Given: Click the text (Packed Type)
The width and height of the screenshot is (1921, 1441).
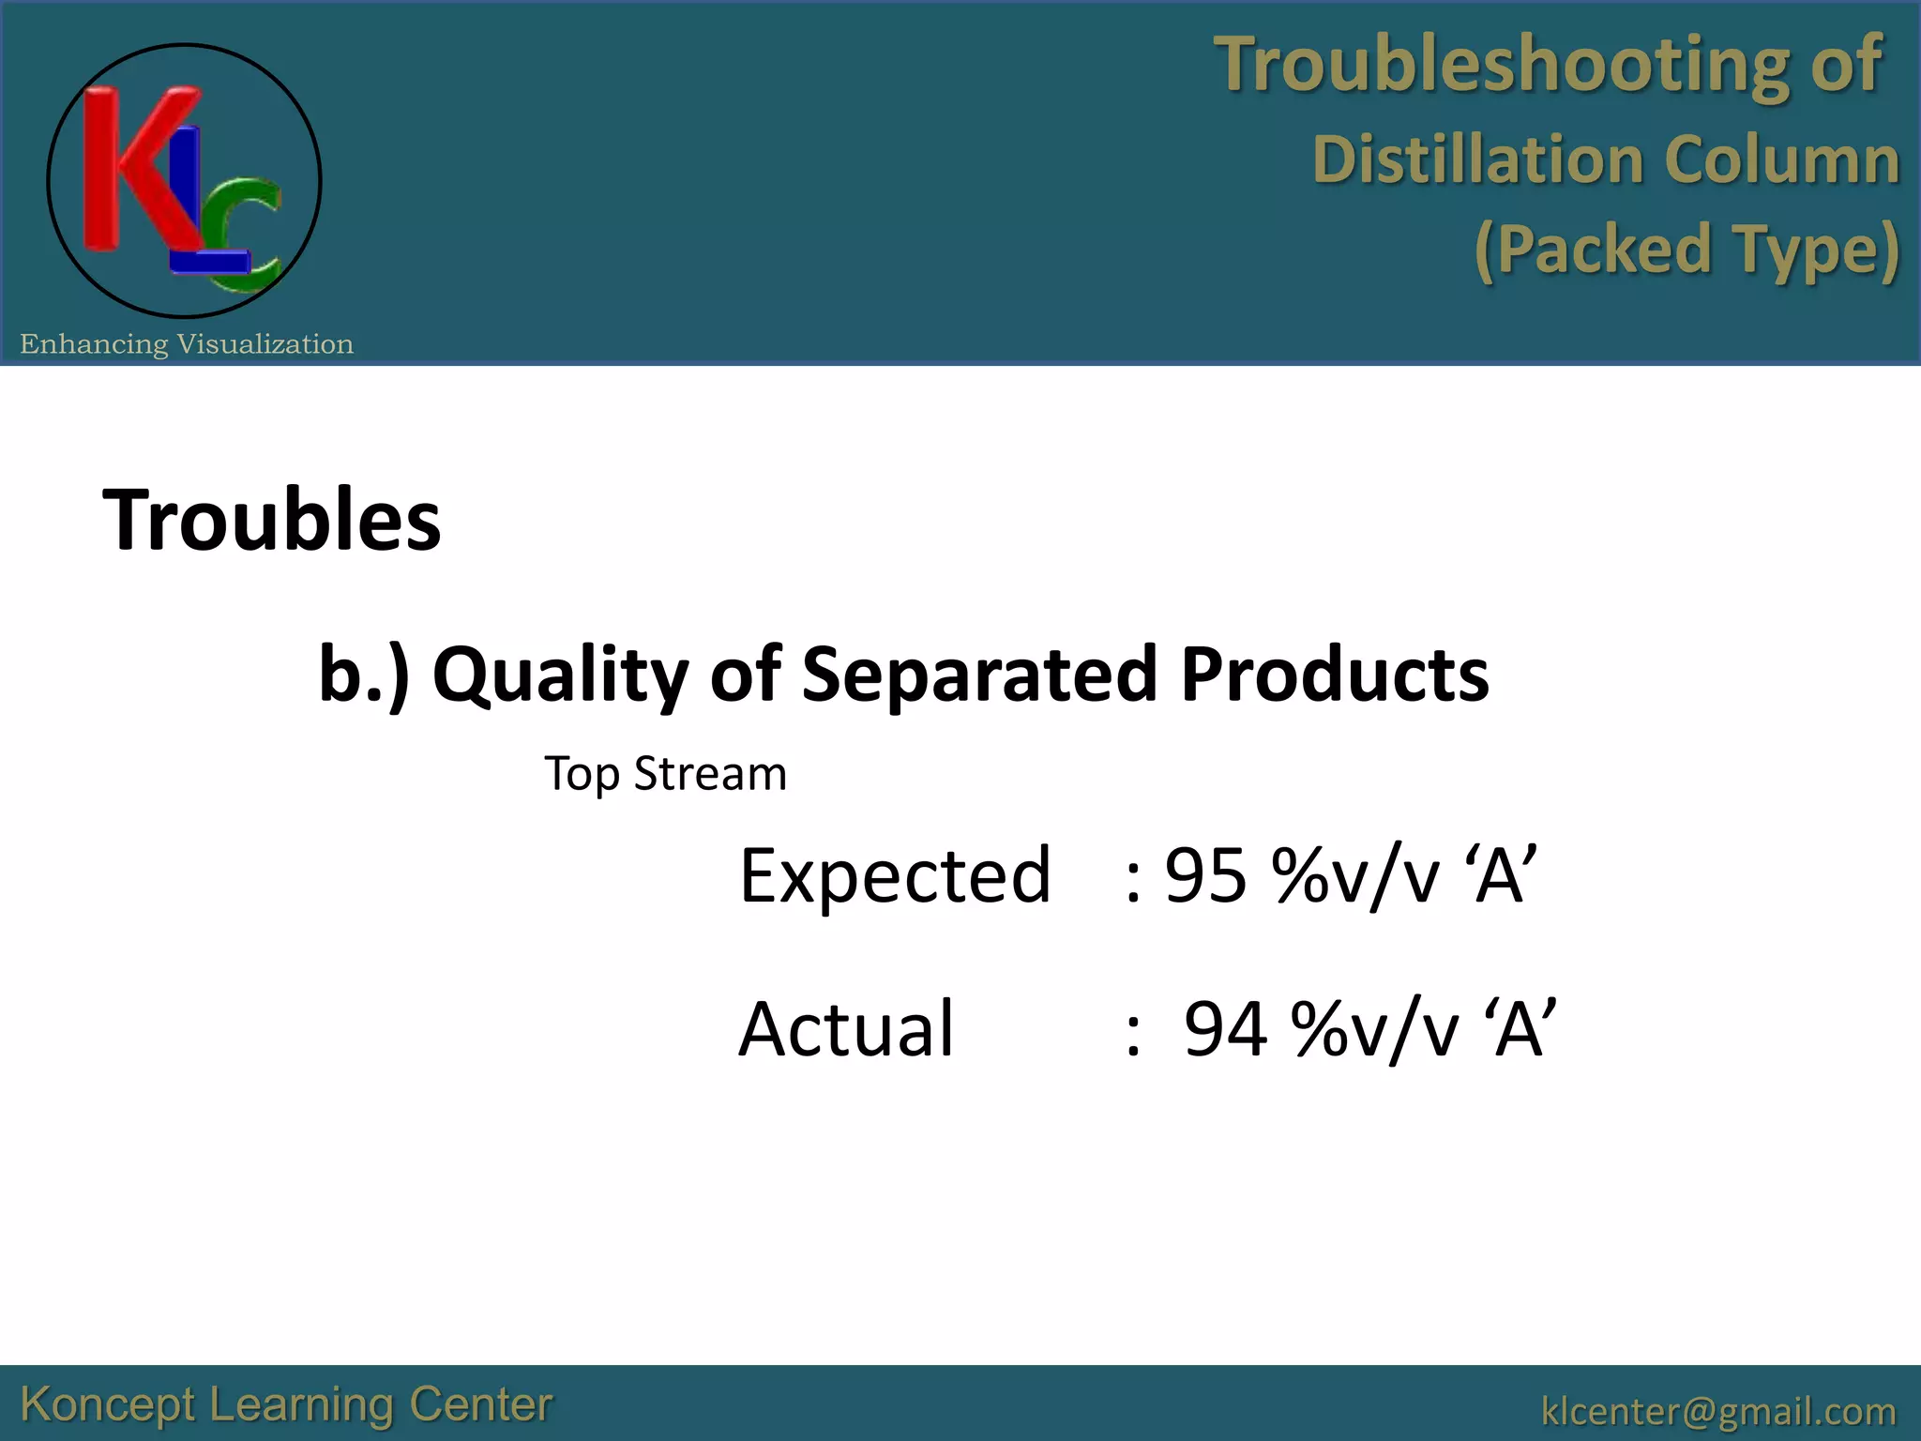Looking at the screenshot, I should click(1687, 250).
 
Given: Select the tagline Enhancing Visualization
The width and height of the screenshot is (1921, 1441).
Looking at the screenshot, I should click(187, 344).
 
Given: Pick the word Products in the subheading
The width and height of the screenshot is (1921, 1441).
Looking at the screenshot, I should click(1334, 674).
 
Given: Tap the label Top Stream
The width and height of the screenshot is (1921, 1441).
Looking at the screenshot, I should click(665, 774).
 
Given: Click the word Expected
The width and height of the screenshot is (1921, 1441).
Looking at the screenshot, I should click(895, 875).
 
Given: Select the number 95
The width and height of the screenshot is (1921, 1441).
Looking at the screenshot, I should click(1205, 875).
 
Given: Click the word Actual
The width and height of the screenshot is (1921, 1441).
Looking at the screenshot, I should click(846, 1029).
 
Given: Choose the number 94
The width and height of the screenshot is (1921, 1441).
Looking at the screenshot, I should click(1225, 1029).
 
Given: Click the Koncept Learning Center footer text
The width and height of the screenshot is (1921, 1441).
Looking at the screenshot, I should click(286, 1404).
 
